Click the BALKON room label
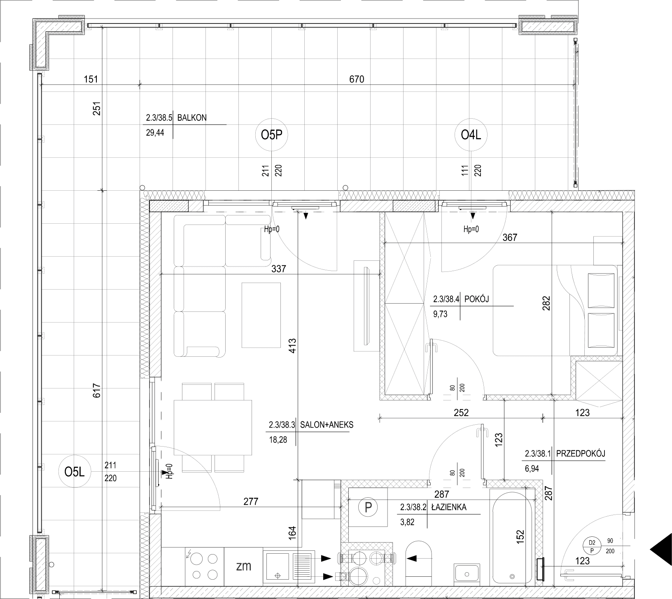click(x=192, y=118)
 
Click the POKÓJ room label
click(x=476, y=299)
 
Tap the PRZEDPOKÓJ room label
click(x=581, y=454)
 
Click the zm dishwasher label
click(x=244, y=566)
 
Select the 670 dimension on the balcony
click(x=357, y=79)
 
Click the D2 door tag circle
click(x=593, y=547)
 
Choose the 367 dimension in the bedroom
click(x=509, y=237)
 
